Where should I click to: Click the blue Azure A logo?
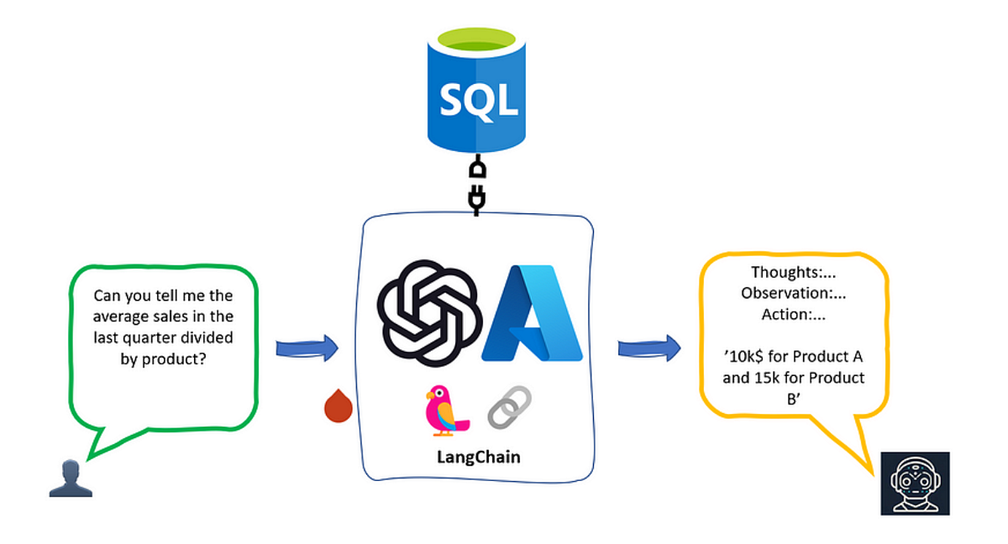(x=533, y=312)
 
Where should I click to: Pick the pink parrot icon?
(x=445, y=410)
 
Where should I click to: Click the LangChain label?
(x=478, y=457)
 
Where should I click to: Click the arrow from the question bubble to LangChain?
(x=307, y=348)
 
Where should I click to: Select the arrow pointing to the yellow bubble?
(x=648, y=348)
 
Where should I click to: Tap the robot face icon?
(x=915, y=483)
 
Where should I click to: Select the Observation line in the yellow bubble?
(x=794, y=293)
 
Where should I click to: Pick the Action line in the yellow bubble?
(x=794, y=315)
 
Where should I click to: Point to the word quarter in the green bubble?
(x=167, y=337)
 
